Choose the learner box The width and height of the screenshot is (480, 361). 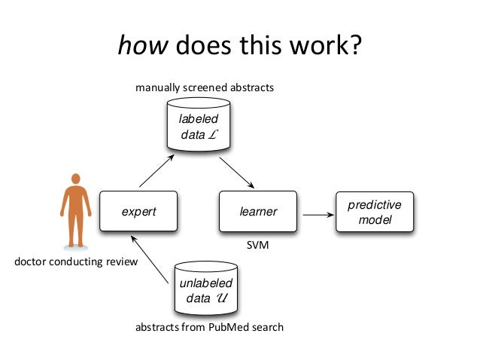pos(258,212)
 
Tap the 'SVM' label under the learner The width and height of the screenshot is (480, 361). pos(258,246)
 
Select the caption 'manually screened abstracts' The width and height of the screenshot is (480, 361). pos(205,87)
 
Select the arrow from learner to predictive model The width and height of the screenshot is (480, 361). pos(316,215)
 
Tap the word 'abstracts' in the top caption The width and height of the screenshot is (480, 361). pos(250,87)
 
